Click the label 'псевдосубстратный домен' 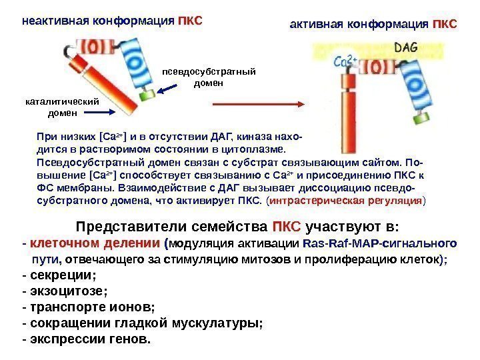pos(209,78)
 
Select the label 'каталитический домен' pos(61,107)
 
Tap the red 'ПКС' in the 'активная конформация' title pos(445,25)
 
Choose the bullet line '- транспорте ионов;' pos(88,307)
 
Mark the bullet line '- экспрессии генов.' pos(86,339)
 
